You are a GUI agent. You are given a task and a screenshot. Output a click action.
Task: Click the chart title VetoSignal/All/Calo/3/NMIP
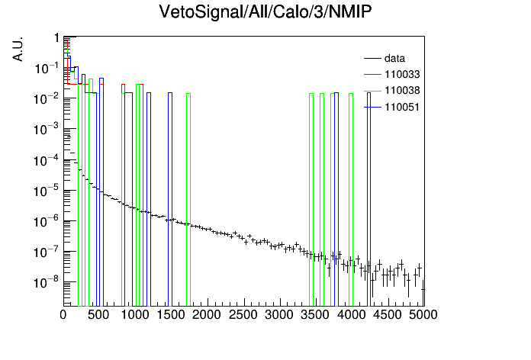[265, 12]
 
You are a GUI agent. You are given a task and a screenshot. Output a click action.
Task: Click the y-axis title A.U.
[18, 49]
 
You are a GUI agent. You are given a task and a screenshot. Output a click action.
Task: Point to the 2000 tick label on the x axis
[207, 315]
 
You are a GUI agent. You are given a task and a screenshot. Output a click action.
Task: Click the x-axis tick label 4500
[387, 315]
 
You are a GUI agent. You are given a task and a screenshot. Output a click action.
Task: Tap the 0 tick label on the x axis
[63, 315]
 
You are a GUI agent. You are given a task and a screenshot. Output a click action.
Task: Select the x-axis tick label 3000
[278, 315]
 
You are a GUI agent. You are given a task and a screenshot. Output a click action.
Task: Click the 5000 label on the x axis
[423, 315]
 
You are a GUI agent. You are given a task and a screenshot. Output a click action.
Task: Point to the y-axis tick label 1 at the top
[56, 38]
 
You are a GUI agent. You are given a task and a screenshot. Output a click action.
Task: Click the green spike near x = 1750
[188, 200]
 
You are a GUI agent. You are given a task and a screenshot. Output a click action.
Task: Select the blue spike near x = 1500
[170, 199]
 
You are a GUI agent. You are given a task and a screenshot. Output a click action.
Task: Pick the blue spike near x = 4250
[368, 199]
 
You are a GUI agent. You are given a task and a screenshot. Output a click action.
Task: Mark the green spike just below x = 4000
[351, 200]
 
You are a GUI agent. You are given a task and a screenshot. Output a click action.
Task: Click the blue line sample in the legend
[372, 108]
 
